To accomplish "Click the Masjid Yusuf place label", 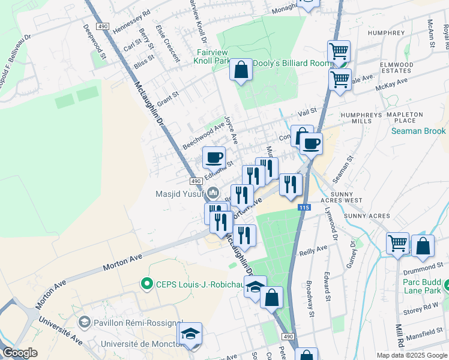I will click(180, 194).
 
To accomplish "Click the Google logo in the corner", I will click(19, 353).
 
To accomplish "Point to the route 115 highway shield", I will click(304, 207).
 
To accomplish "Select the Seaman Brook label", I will click(418, 131).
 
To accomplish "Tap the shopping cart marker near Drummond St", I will click(397, 244).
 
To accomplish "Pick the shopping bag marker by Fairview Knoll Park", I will click(241, 70).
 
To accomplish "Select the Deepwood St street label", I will click(95, 41).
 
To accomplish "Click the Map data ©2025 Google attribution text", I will click(411, 355).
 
